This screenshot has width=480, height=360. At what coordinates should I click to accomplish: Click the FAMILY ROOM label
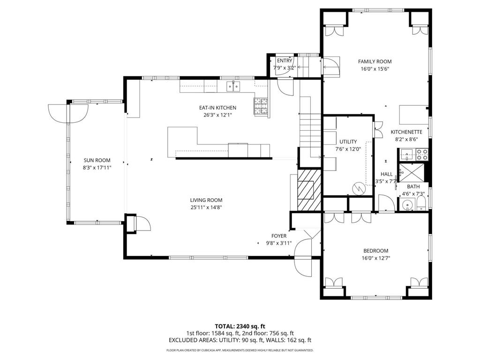pyautogui.click(x=375, y=61)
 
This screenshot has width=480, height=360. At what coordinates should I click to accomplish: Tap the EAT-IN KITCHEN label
pyautogui.click(x=217, y=108)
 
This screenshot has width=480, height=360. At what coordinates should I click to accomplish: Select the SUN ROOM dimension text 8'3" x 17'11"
pyautogui.click(x=97, y=168)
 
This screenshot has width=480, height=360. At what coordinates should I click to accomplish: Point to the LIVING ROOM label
pyautogui.click(x=206, y=200)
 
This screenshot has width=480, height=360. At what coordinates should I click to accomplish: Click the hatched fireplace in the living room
pyautogui.click(x=309, y=190)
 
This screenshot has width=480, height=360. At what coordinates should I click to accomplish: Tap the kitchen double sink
pyautogui.click(x=233, y=87)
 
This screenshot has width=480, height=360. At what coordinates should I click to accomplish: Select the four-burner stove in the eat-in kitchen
pyautogui.click(x=261, y=106)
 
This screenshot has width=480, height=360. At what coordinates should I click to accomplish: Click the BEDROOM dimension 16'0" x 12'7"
pyautogui.click(x=376, y=258)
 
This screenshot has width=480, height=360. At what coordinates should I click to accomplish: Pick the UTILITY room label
pyautogui.click(x=348, y=142)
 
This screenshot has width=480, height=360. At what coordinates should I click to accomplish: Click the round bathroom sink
pyautogui.click(x=407, y=204)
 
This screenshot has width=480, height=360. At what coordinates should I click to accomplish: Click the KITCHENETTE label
pyautogui.click(x=406, y=132)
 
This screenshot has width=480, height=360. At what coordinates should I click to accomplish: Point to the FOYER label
pyautogui.click(x=279, y=236)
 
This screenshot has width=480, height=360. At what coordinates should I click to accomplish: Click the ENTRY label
pyautogui.click(x=285, y=60)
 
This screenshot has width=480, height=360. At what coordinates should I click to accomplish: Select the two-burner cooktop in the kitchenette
pyautogui.click(x=422, y=155)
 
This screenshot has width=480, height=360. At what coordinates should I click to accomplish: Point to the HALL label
pyautogui.click(x=386, y=174)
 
